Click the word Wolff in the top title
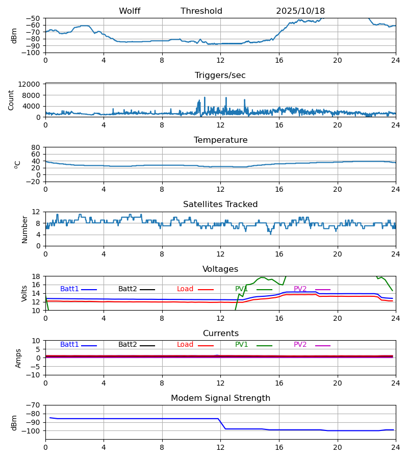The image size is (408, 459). (x=130, y=11)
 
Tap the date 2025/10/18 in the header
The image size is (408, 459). (x=300, y=11)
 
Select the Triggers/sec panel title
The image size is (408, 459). (x=220, y=75)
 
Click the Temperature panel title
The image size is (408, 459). (x=220, y=140)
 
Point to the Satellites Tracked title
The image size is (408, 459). (x=220, y=205)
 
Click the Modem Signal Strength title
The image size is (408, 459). (x=220, y=398)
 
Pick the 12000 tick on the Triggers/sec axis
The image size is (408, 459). (x=31, y=84)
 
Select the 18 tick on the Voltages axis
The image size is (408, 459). (x=36, y=276)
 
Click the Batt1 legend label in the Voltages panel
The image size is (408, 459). (x=69, y=289)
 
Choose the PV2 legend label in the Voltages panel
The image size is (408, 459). (x=300, y=289)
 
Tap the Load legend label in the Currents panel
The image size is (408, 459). (x=185, y=345)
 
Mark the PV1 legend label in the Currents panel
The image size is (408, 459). (x=242, y=345)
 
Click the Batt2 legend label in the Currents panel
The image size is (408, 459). (x=127, y=345)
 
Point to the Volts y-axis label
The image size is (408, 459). (x=24, y=293)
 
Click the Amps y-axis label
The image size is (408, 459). (x=19, y=358)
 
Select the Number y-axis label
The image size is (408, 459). (x=24, y=229)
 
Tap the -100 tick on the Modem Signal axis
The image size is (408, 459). (x=32, y=431)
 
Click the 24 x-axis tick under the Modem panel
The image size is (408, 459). (x=395, y=447)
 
